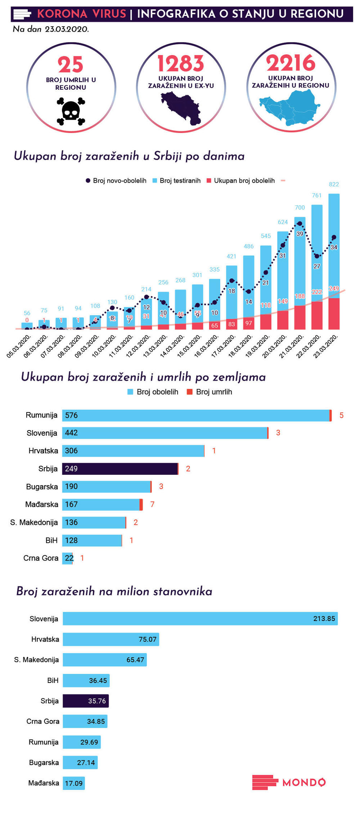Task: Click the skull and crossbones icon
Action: point(71,111)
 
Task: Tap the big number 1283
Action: point(181,64)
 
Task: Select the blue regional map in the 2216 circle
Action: point(290,107)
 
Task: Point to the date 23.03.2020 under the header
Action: point(67,30)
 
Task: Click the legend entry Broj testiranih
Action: point(180,180)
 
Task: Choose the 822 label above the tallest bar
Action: point(334,184)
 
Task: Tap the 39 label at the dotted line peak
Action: point(300,234)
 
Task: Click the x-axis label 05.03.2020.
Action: point(19,346)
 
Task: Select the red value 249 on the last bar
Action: point(334,289)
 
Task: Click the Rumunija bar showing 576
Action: point(196,415)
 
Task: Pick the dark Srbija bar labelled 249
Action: point(120,469)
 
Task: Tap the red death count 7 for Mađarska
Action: point(152,504)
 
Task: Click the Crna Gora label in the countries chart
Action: point(41,558)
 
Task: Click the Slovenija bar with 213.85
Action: point(200,618)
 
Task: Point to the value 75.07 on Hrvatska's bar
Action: point(148,639)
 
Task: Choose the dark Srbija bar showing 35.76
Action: point(86,701)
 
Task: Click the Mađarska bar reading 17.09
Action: point(74,783)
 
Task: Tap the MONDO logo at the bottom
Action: point(289,782)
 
